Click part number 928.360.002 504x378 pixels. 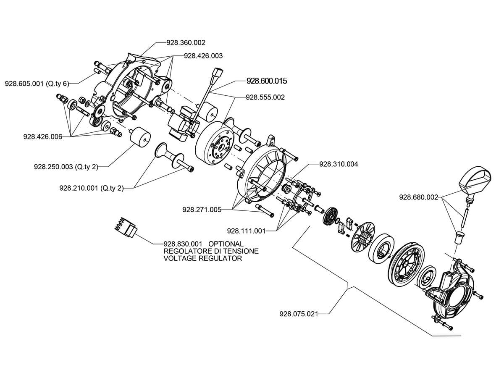tap(186, 42)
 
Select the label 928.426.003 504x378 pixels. tap(203, 55)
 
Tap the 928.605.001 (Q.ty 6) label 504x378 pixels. tap(37, 83)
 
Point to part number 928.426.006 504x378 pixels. tap(43, 136)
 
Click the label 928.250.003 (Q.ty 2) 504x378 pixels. tap(66, 167)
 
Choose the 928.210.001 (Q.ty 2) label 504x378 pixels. tap(92, 188)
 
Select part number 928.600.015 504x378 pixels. tap(267, 80)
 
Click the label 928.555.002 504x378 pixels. tap(265, 97)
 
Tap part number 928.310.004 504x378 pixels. tap(339, 164)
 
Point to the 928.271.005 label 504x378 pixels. tap(202, 209)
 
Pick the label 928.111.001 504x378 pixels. tap(246, 231)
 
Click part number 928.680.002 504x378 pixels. tap(418, 197)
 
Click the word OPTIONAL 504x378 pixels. tap(226, 244)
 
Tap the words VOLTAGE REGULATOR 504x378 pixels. tap(202, 259)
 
